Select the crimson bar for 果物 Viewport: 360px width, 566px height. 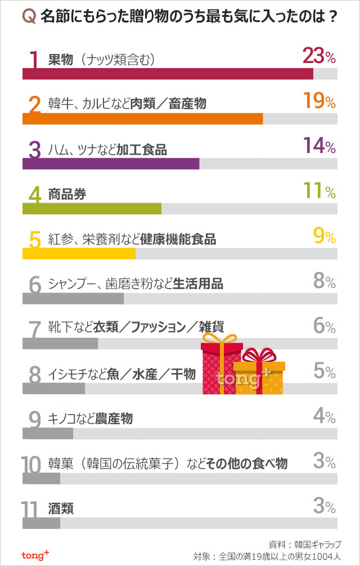click(168, 74)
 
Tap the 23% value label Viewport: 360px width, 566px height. click(319, 56)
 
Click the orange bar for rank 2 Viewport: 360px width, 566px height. click(142, 119)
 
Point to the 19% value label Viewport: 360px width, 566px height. click(319, 101)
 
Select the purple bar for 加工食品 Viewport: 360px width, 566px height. click(111, 164)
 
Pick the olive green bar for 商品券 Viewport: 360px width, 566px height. click(92, 209)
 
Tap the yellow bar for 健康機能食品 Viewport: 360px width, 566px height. click(79, 254)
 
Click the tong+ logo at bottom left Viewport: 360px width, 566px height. click(35, 555)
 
